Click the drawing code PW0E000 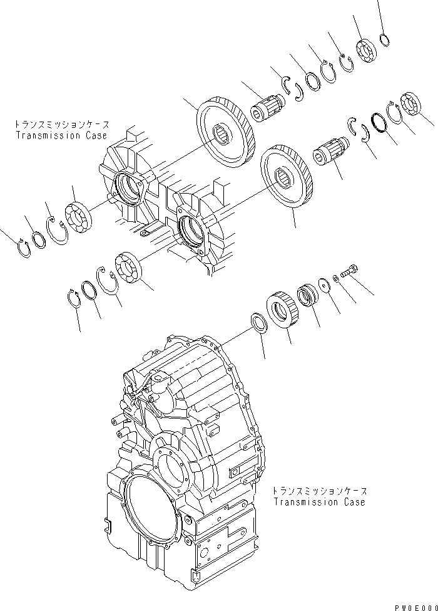[414, 607]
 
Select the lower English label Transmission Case [319, 502]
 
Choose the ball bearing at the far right [412, 105]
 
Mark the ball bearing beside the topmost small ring [364, 50]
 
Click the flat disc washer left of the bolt [324, 283]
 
